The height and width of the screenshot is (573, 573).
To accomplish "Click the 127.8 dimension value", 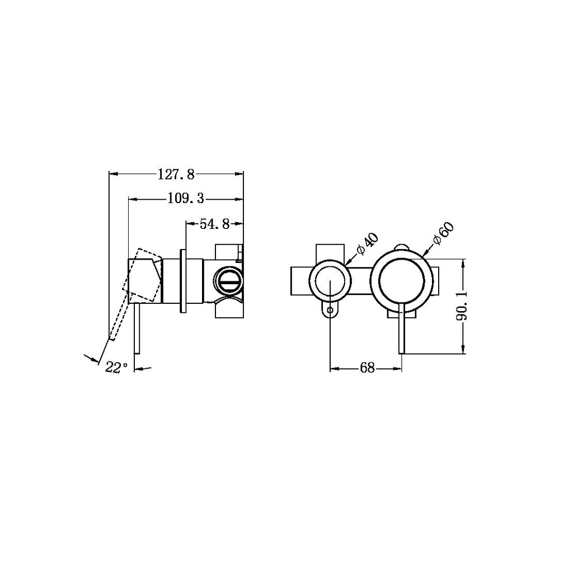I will pos(176,175).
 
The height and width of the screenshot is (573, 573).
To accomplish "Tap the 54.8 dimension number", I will pos(214,224).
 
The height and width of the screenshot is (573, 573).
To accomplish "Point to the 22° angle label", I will pos(116,368).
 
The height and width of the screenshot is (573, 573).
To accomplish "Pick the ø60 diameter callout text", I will pos(443,235).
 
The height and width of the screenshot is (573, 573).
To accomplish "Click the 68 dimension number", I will pos(367,368).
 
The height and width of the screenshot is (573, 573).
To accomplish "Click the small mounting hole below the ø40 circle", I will pos(331,309).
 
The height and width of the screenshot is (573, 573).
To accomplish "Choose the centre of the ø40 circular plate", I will pos(331,280).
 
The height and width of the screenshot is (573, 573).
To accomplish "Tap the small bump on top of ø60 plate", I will pos(402,247).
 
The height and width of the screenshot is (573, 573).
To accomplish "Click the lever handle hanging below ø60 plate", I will pos(401,330).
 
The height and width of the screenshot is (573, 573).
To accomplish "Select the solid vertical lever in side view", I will pos(135,330).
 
